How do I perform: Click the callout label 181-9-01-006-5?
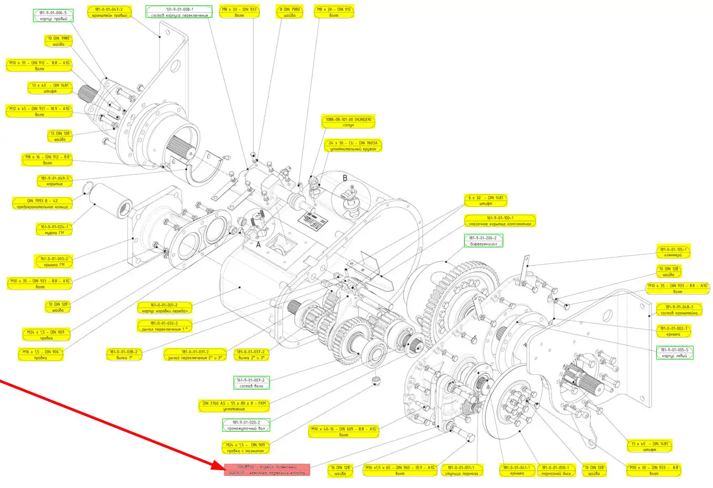53,15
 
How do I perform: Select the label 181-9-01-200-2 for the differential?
483,241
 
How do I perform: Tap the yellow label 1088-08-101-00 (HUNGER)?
348,122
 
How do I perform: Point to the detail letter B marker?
345,178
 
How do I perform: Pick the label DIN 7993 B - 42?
42,204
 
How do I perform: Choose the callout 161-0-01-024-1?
54,230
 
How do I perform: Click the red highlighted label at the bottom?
267,470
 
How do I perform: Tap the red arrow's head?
220,466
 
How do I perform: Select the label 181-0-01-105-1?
673,252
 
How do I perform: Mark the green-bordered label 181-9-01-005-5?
675,353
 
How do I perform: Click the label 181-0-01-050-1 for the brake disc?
555,470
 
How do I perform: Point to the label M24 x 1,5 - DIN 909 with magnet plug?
246,448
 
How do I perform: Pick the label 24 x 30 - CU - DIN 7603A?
353,146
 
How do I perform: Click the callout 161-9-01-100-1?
500,221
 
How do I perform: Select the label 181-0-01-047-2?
109,12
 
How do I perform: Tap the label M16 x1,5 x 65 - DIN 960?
400,470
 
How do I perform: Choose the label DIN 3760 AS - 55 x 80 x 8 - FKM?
234,406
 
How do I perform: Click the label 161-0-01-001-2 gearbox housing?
164,308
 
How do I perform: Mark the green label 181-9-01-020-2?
245,425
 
